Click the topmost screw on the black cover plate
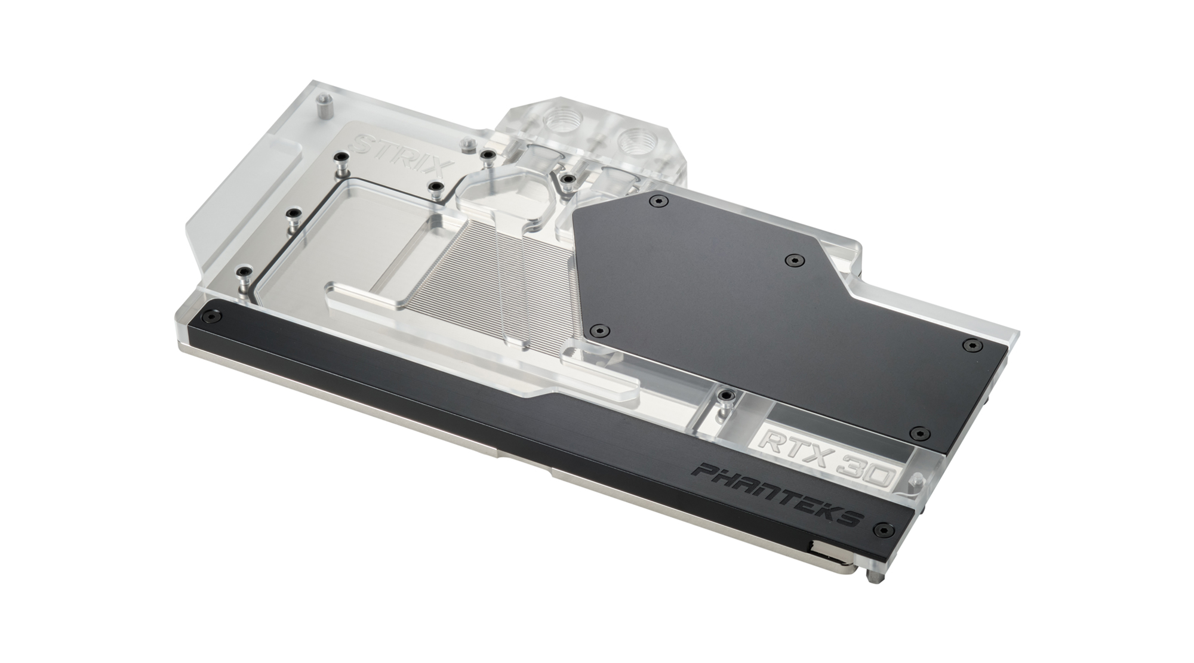[x=659, y=201]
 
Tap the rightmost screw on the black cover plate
[x=973, y=345]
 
